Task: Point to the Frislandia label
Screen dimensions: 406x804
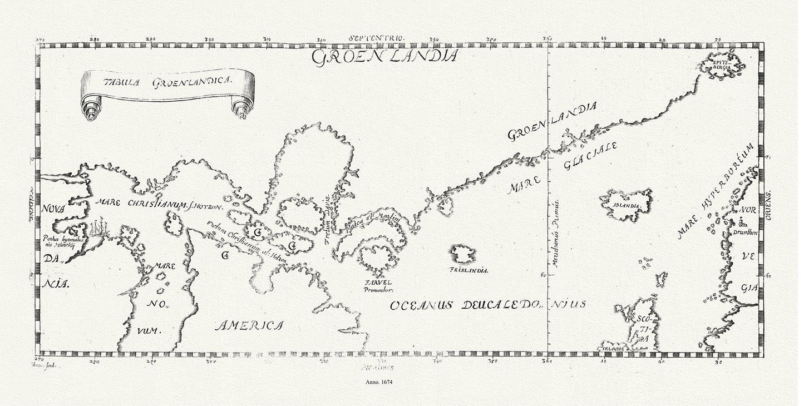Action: click(468, 270)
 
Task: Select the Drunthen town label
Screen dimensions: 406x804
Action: click(746, 232)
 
